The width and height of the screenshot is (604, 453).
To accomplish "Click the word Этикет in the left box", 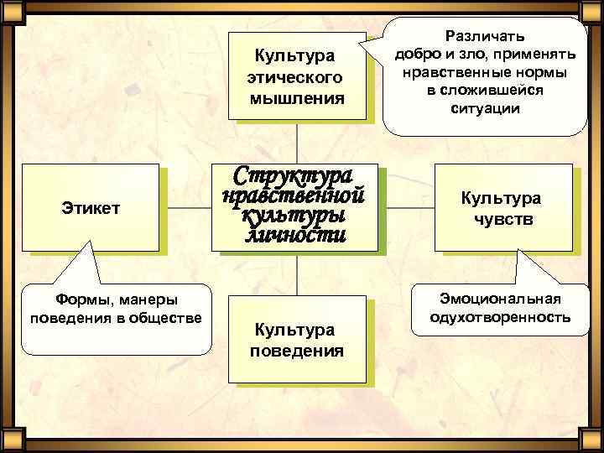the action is click(x=91, y=207).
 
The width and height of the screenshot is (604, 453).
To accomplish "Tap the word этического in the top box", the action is click(x=295, y=78).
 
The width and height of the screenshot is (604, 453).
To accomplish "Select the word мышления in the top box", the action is click(x=295, y=99).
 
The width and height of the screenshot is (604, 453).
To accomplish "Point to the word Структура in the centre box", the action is click(x=293, y=177).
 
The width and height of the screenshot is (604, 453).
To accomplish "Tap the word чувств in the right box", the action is click(x=501, y=220).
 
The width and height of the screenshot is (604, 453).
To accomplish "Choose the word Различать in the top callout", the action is click(x=487, y=36).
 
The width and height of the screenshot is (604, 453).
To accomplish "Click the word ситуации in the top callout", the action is click(x=486, y=108).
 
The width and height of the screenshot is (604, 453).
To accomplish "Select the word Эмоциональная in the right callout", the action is click(x=500, y=299).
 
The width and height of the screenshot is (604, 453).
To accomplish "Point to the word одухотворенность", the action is click(x=500, y=317).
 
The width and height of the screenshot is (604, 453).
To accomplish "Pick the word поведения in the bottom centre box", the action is click(x=295, y=350).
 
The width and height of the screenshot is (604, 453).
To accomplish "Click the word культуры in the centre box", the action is click(x=293, y=216).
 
